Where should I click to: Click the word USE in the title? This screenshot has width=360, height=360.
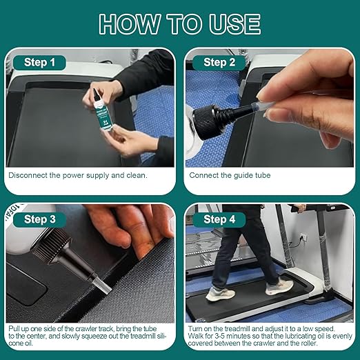pyautogui.click(x=234, y=24)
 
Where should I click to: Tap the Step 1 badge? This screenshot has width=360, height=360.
pyautogui.click(x=39, y=63)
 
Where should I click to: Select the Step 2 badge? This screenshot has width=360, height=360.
pyautogui.click(x=219, y=63)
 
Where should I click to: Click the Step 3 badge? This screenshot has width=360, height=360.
pyautogui.click(x=40, y=219)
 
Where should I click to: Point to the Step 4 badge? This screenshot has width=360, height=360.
pyautogui.click(x=219, y=219)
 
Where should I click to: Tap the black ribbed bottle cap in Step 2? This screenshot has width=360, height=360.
pyautogui.click(x=205, y=122)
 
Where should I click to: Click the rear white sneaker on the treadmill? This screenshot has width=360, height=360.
pyautogui.click(x=220, y=294)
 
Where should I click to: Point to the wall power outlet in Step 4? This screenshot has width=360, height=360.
pyautogui.click(x=303, y=237)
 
